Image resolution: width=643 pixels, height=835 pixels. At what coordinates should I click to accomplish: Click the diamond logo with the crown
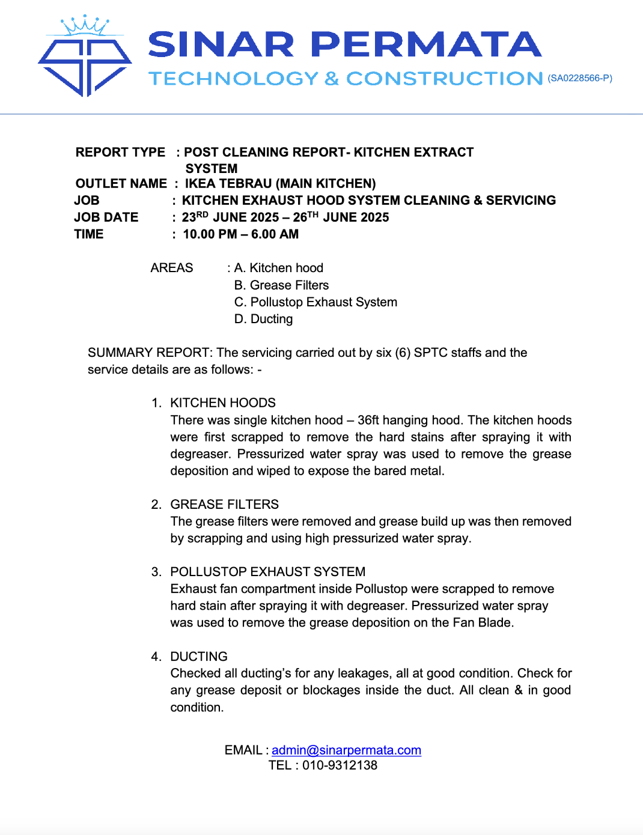tap(85, 58)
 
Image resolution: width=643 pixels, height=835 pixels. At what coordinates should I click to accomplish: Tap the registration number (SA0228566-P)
tap(580, 78)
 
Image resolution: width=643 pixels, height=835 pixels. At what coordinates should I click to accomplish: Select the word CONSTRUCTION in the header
tap(445, 79)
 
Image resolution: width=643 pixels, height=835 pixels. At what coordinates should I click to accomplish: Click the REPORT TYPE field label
tap(120, 153)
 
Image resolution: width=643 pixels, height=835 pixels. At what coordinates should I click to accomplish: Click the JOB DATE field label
tap(106, 217)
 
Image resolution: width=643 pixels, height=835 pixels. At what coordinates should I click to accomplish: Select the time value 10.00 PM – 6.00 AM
tap(240, 234)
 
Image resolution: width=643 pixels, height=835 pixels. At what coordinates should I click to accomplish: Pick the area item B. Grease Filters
tap(281, 285)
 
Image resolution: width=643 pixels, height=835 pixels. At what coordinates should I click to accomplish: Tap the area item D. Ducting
tap(263, 319)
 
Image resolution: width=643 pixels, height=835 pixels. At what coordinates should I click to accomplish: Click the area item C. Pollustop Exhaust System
tap(315, 302)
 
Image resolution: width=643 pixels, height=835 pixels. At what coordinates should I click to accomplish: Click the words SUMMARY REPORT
tap(150, 353)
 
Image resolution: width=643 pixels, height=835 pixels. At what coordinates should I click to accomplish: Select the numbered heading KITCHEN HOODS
tap(223, 403)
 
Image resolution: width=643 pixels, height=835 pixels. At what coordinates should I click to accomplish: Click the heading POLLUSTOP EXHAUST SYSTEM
tap(268, 572)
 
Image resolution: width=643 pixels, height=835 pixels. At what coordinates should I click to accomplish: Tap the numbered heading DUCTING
tap(199, 657)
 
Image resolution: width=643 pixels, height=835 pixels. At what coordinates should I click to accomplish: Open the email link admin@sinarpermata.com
tap(346, 750)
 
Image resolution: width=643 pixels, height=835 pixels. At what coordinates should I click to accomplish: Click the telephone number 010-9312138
tap(340, 765)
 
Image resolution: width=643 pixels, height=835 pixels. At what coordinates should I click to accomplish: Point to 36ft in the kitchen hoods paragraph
tap(368, 421)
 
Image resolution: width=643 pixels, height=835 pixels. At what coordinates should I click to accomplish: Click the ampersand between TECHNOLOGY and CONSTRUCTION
tap(332, 79)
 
